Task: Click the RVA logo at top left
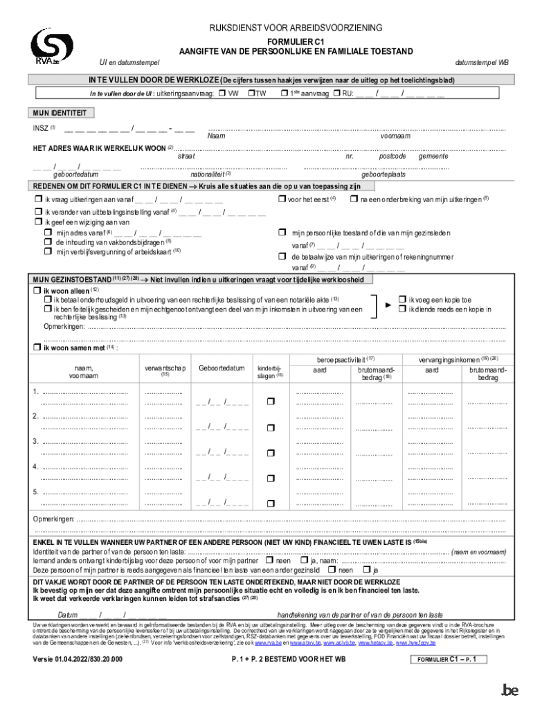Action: click(51, 46)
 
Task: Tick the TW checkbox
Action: click(251, 93)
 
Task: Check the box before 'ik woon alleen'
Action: click(38, 291)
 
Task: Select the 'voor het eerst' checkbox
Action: click(282, 199)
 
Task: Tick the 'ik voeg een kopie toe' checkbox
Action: click(404, 299)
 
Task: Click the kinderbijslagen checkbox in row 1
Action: click(271, 402)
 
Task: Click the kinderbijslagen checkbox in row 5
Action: click(271, 502)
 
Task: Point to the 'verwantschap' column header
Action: click(165, 368)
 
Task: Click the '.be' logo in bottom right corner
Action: click(509, 690)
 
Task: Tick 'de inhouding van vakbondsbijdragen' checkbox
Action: click(48, 242)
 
